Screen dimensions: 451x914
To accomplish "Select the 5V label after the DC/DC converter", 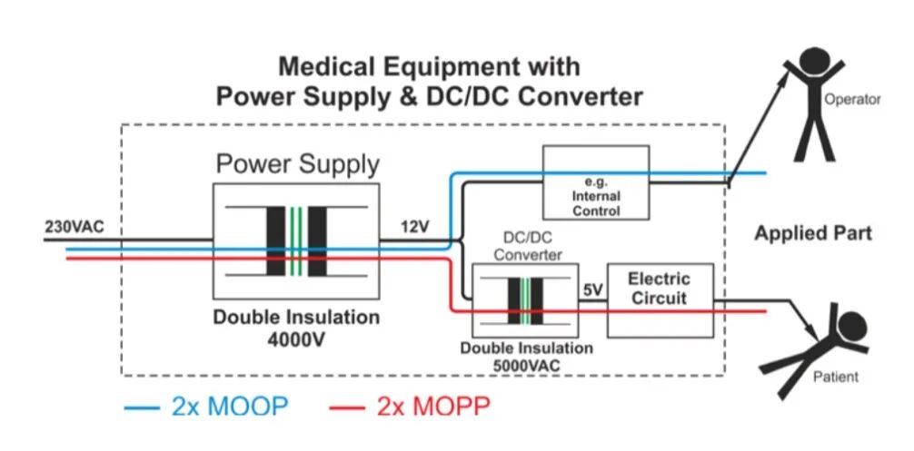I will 592,290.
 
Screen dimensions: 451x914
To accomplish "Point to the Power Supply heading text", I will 297,165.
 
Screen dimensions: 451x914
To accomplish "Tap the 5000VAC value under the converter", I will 526,365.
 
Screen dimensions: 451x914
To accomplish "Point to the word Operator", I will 851,100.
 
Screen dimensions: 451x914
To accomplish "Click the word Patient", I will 836,376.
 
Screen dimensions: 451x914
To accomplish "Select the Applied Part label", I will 813,233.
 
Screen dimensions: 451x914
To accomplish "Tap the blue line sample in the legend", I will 142,407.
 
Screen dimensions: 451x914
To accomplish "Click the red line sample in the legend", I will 347,407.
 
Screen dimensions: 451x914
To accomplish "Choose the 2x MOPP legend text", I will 432,407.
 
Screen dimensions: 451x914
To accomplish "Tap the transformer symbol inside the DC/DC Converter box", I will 526,303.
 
